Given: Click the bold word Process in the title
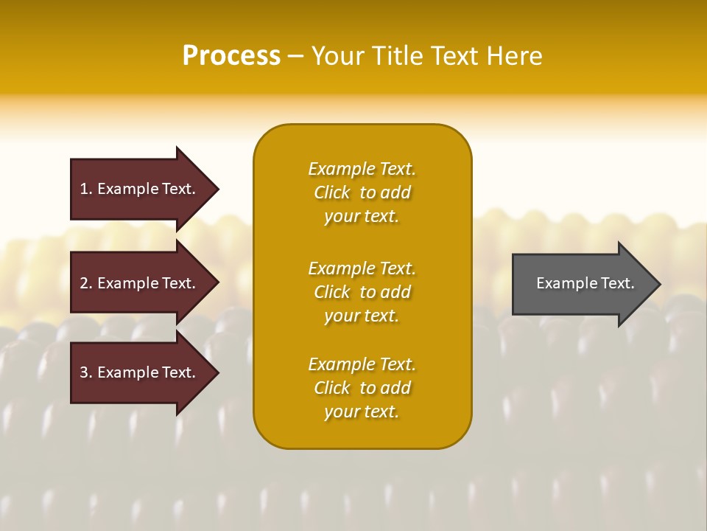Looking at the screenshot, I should click(x=231, y=56).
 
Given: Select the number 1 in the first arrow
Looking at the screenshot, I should click(x=84, y=189).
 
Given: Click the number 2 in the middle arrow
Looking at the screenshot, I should click(x=84, y=283).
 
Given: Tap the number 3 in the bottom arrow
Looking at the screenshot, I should click(x=84, y=372).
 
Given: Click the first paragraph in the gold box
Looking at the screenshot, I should click(x=362, y=192).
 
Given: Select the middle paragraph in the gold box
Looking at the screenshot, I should click(x=362, y=292).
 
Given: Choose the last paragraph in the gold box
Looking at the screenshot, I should click(x=362, y=388).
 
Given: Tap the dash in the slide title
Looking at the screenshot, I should click(x=295, y=56).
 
